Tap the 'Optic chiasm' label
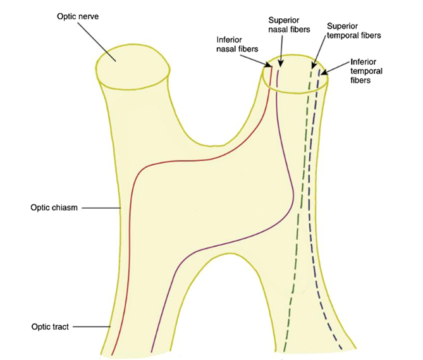54,208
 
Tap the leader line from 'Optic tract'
95,326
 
